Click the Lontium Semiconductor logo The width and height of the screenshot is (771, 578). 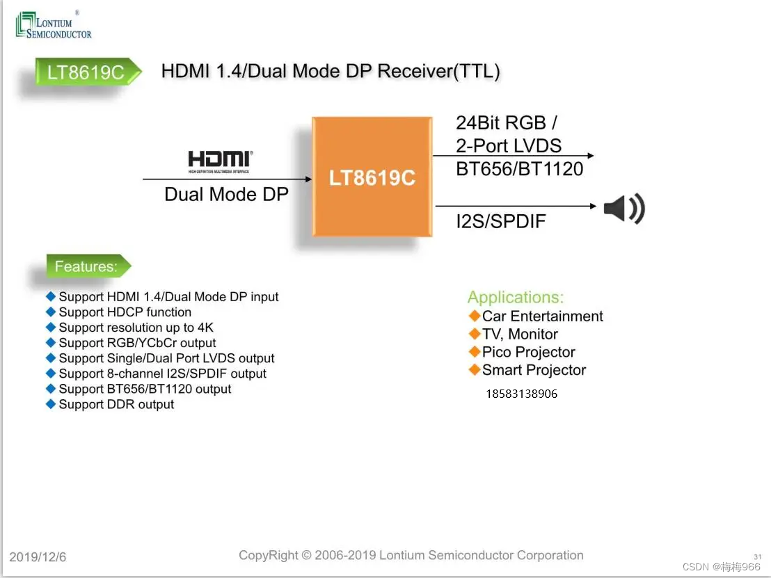[54, 25]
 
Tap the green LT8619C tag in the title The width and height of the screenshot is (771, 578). [86, 72]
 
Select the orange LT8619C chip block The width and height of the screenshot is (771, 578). [372, 177]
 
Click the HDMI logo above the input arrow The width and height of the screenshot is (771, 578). [220, 161]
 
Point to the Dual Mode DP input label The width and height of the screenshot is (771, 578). [226, 194]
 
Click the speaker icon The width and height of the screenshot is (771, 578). [623, 208]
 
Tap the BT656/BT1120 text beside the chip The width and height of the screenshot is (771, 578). [519, 169]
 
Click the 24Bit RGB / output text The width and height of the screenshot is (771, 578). [506, 123]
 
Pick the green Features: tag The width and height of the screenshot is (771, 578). [86, 266]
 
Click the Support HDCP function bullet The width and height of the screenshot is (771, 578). [125, 312]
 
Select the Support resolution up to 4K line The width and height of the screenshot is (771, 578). [136, 328]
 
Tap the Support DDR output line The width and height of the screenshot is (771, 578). [116, 404]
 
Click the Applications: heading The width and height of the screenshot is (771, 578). [516, 298]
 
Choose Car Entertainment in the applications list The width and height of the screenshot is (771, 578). [542, 316]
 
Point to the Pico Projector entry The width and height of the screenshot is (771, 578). [528, 352]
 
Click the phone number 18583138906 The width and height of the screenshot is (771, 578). [521, 394]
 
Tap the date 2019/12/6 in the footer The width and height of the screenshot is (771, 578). [38, 557]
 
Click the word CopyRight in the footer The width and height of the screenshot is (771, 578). [269, 555]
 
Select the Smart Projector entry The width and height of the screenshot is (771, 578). [534, 370]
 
